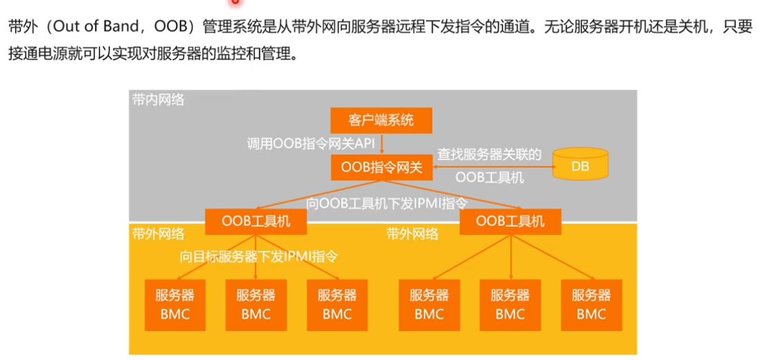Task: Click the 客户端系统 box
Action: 381,120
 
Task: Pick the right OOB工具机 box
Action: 511,221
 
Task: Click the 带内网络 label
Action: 158,100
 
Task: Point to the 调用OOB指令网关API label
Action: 311,144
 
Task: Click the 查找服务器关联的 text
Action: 489,154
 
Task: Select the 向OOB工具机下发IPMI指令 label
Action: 387,203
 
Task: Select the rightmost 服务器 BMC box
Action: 591,305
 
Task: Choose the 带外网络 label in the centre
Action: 412,234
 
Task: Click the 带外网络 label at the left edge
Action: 158,234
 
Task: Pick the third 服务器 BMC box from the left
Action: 337,305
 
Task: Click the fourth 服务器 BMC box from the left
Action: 429,305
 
